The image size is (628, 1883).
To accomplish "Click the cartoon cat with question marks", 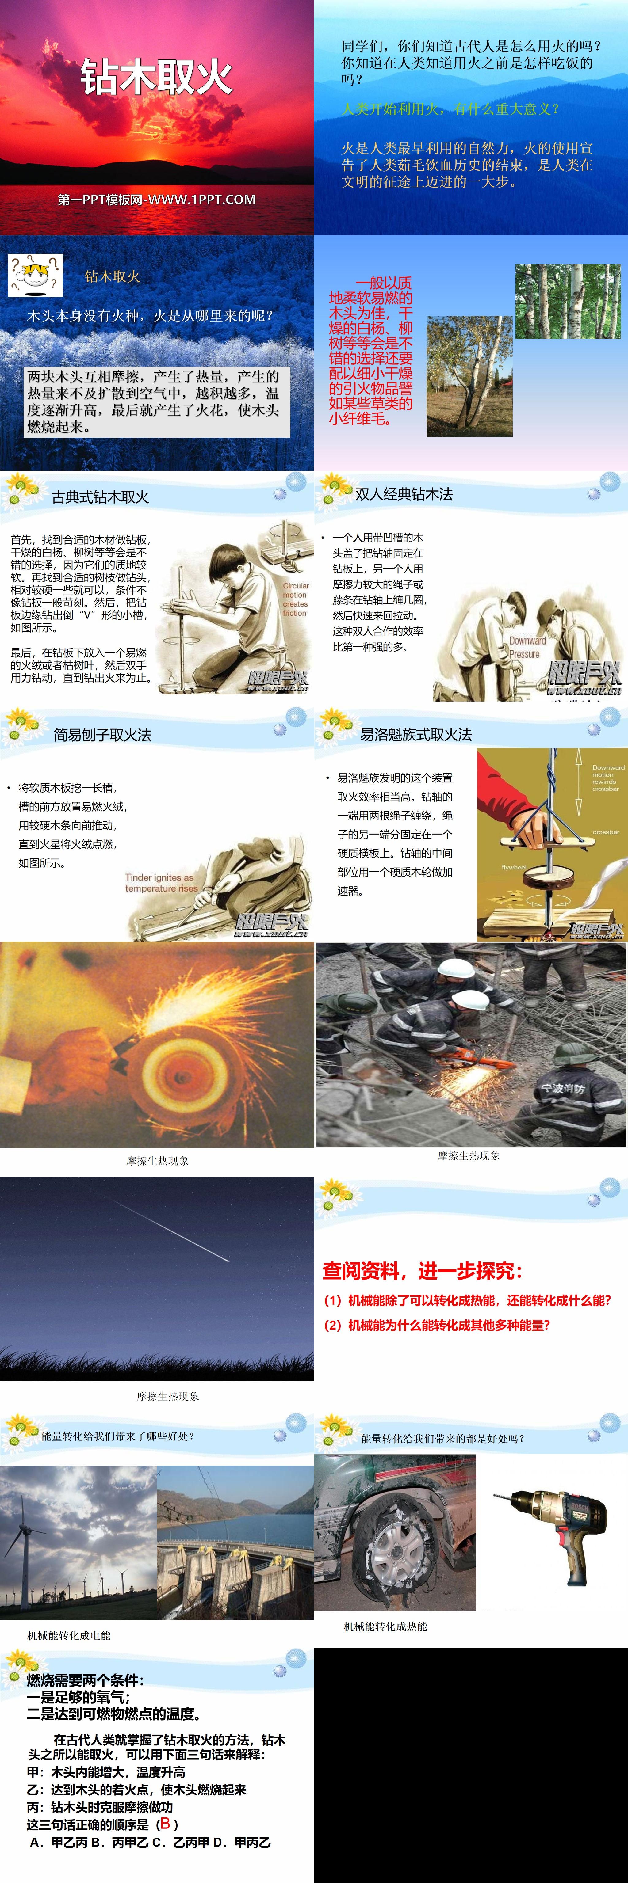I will click(34, 274).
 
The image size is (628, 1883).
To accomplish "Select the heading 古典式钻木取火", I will click(100, 497).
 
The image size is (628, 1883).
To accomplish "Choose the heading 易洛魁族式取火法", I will click(415, 735).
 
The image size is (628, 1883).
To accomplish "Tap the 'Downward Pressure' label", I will click(527, 647).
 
